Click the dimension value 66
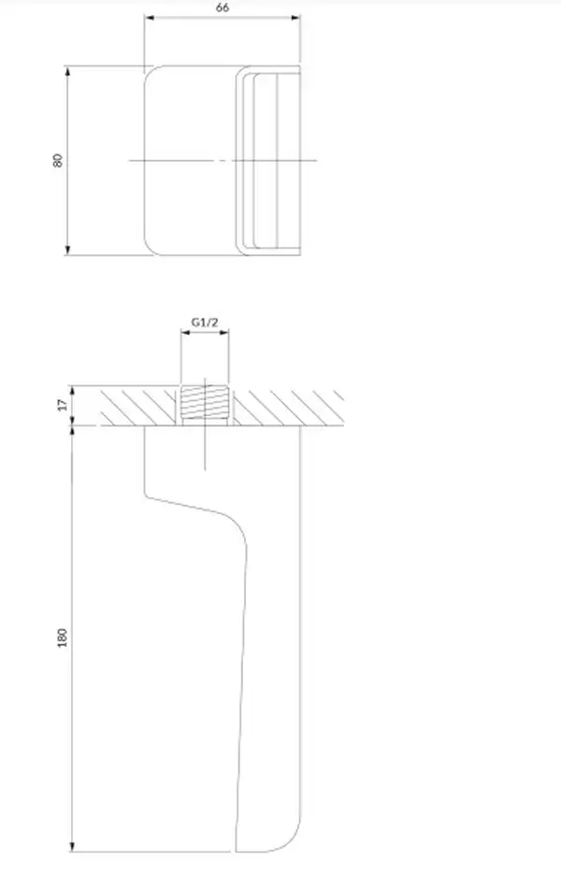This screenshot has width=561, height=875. click(223, 7)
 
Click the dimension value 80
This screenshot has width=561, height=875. click(57, 160)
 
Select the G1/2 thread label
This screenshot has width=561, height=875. click(205, 322)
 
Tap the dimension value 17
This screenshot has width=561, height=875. click(63, 405)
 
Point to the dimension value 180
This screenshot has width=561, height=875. click(62, 638)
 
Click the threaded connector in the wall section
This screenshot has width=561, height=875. click(205, 403)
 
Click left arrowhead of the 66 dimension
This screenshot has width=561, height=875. click(149, 18)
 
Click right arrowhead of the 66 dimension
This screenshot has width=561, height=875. click(295, 18)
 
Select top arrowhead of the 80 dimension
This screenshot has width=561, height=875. click(68, 71)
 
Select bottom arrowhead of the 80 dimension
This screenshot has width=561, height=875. click(68, 250)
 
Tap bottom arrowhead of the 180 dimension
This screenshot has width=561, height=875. click(72, 847)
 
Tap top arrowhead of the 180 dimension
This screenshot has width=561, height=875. click(72, 432)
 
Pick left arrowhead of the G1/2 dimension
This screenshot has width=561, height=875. click(186, 333)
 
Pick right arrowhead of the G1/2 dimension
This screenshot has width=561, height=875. click(223, 333)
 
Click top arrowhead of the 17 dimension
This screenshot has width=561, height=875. click(72, 391)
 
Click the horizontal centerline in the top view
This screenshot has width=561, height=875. click(223, 161)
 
